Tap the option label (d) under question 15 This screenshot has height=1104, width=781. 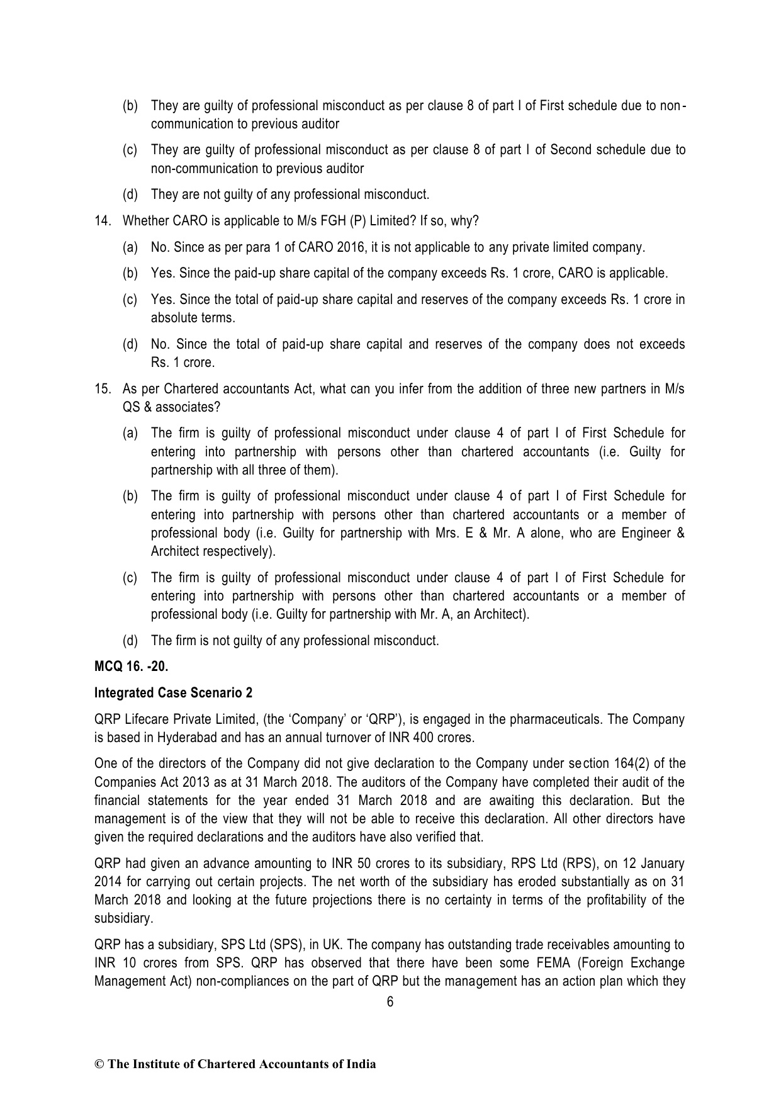[130, 641]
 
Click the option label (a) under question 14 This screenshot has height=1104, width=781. [130, 247]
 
